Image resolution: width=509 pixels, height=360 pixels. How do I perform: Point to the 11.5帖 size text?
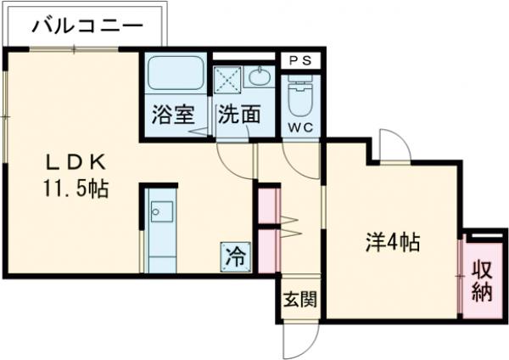click(x=76, y=188)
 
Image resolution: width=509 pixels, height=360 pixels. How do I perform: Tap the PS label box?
click(x=300, y=60)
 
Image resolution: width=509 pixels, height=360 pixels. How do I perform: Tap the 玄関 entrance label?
click(x=299, y=299)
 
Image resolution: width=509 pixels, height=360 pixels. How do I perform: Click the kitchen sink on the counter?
click(x=160, y=211)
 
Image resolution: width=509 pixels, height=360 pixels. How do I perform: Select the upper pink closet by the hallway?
click(x=267, y=205)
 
